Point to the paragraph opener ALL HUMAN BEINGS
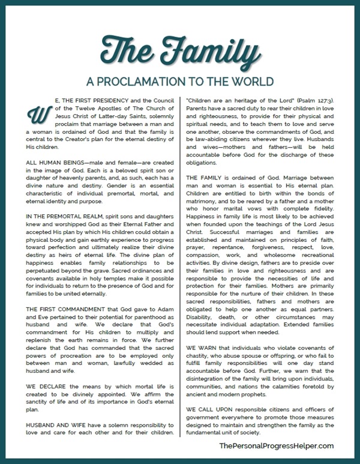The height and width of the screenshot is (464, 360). tap(55, 146)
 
